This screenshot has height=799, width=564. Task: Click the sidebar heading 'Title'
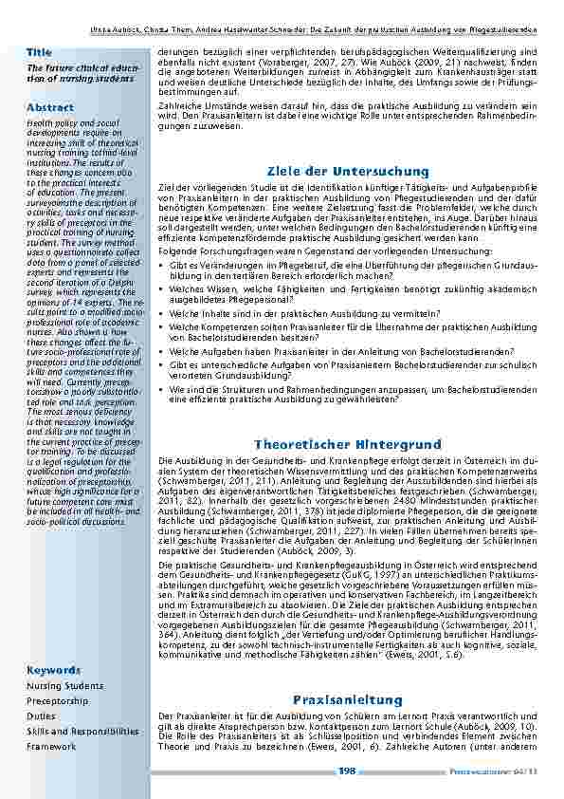(x=39, y=51)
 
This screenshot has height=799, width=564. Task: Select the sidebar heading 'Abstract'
(x=49, y=107)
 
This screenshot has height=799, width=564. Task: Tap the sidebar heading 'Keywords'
(x=53, y=670)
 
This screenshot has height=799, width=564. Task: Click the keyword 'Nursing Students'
(x=64, y=685)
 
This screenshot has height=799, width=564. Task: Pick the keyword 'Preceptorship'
(x=59, y=700)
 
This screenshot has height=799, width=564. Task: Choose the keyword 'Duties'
(x=41, y=716)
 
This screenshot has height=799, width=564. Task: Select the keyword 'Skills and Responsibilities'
(x=82, y=732)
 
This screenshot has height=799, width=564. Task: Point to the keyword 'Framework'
(x=51, y=747)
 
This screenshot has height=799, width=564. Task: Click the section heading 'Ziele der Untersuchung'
(x=348, y=171)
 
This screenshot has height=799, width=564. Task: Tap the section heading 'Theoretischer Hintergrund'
(x=348, y=444)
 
